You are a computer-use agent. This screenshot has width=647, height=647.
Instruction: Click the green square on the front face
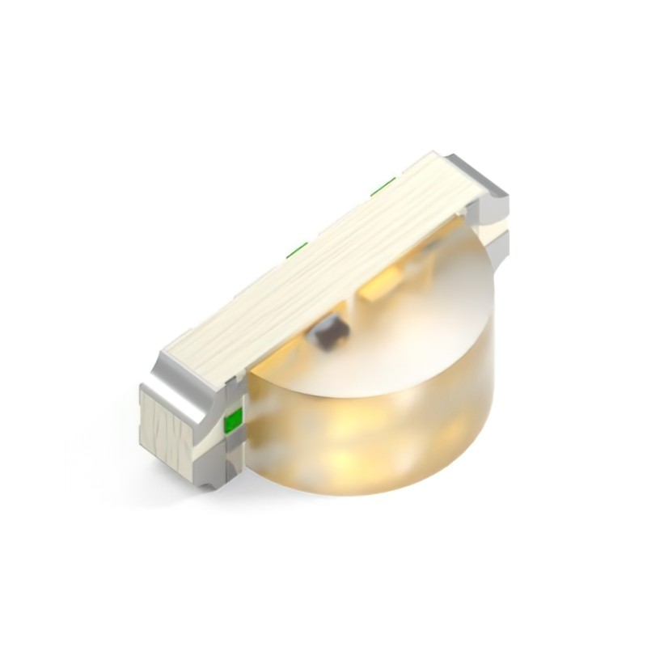coord(232,421)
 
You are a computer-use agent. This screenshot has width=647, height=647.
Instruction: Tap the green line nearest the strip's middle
coord(297,247)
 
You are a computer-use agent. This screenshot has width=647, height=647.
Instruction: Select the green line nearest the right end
coord(383,186)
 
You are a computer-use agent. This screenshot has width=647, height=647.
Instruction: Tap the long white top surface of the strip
coord(323,259)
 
